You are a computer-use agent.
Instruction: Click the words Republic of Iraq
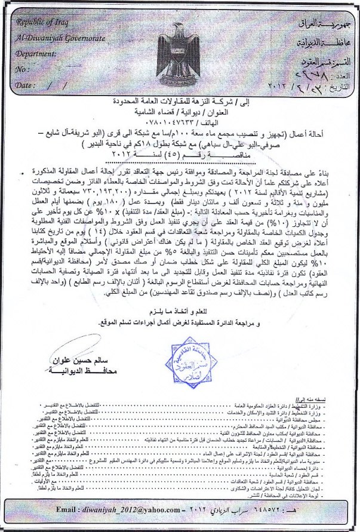[43, 23]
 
